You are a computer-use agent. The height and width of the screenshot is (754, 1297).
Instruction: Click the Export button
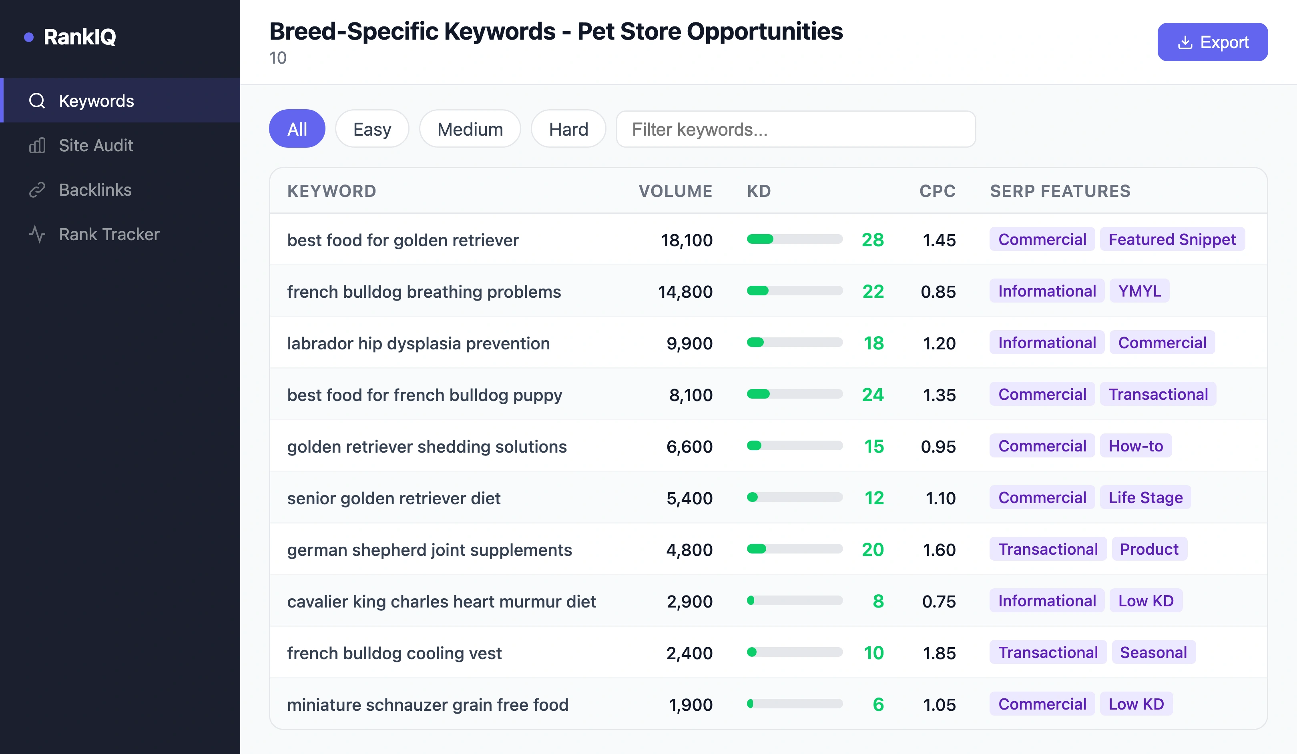click(x=1212, y=42)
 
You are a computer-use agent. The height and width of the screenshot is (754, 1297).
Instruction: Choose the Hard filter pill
click(x=568, y=129)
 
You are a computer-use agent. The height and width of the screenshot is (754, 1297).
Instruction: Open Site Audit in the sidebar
click(x=96, y=146)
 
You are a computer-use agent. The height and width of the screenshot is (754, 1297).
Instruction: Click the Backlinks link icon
click(x=37, y=191)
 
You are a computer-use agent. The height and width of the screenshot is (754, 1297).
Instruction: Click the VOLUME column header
click(x=675, y=191)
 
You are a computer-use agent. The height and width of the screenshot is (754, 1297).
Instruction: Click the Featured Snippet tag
click(x=1172, y=240)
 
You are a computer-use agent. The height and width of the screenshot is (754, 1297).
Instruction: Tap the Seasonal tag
click(x=1153, y=653)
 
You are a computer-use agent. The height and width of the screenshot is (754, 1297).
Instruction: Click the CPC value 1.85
click(x=939, y=654)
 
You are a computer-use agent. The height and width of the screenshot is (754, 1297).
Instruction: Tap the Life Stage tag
click(x=1145, y=498)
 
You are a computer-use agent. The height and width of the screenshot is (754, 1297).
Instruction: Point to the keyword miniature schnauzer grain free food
click(x=427, y=705)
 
